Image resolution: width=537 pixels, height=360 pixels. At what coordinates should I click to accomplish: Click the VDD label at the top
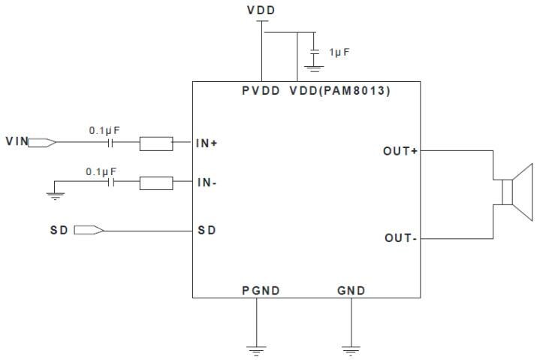(x=261, y=11)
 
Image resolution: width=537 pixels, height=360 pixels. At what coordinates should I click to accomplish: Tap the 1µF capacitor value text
(x=339, y=53)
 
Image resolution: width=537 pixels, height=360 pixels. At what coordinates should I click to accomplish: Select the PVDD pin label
(x=261, y=90)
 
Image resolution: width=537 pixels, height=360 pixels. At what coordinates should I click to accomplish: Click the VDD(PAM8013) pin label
(x=339, y=90)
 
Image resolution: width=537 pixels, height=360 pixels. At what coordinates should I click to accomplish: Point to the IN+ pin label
(x=207, y=142)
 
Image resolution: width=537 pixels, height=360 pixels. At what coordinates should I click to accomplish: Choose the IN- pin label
(x=207, y=182)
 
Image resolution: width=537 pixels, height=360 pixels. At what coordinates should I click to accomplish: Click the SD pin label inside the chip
(x=207, y=230)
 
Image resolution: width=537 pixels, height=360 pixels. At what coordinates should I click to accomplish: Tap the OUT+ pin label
(x=400, y=151)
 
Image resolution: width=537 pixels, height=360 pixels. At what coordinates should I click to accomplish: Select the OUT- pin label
(x=400, y=238)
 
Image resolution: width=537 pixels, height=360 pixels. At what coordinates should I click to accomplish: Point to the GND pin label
(x=350, y=289)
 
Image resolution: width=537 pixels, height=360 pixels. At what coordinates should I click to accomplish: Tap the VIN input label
(x=17, y=141)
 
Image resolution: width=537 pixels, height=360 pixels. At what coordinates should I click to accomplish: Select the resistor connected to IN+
(x=156, y=142)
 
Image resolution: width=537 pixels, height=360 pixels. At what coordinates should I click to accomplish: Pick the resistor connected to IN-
(x=156, y=182)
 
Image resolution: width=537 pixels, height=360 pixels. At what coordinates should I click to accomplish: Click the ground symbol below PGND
(x=257, y=349)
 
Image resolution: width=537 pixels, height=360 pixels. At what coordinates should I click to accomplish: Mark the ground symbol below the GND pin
(x=350, y=349)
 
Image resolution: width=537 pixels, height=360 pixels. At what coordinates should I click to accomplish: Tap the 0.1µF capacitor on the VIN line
(x=112, y=141)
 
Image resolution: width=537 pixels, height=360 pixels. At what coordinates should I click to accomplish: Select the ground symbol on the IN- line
(x=54, y=196)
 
